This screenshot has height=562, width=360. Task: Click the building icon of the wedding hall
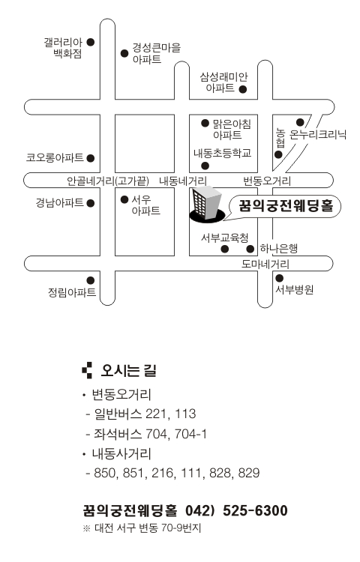click(207, 205)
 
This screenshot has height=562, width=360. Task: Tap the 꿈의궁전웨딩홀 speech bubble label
click(286, 206)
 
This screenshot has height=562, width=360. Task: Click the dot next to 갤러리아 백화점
click(91, 42)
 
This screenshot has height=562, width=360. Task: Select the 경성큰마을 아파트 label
click(156, 53)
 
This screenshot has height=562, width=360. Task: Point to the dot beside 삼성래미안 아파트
click(243, 90)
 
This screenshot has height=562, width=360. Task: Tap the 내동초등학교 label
click(222, 154)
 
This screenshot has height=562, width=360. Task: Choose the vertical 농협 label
click(280, 138)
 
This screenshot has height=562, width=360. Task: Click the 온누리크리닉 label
click(318, 134)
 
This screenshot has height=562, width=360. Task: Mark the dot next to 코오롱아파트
click(91, 158)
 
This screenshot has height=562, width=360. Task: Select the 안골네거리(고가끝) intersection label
click(108, 181)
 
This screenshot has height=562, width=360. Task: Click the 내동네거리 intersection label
click(183, 181)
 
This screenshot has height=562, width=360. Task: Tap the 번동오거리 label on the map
click(267, 181)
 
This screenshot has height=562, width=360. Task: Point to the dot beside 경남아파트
click(91, 203)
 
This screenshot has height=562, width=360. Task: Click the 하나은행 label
click(278, 248)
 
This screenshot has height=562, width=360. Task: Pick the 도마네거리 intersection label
click(265, 265)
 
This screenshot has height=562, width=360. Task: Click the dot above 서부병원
click(279, 278)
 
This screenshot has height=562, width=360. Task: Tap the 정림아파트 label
click(72, 292)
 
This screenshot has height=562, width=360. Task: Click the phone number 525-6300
click(255, 510)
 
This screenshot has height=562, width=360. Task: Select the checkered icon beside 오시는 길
click(87, 370)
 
